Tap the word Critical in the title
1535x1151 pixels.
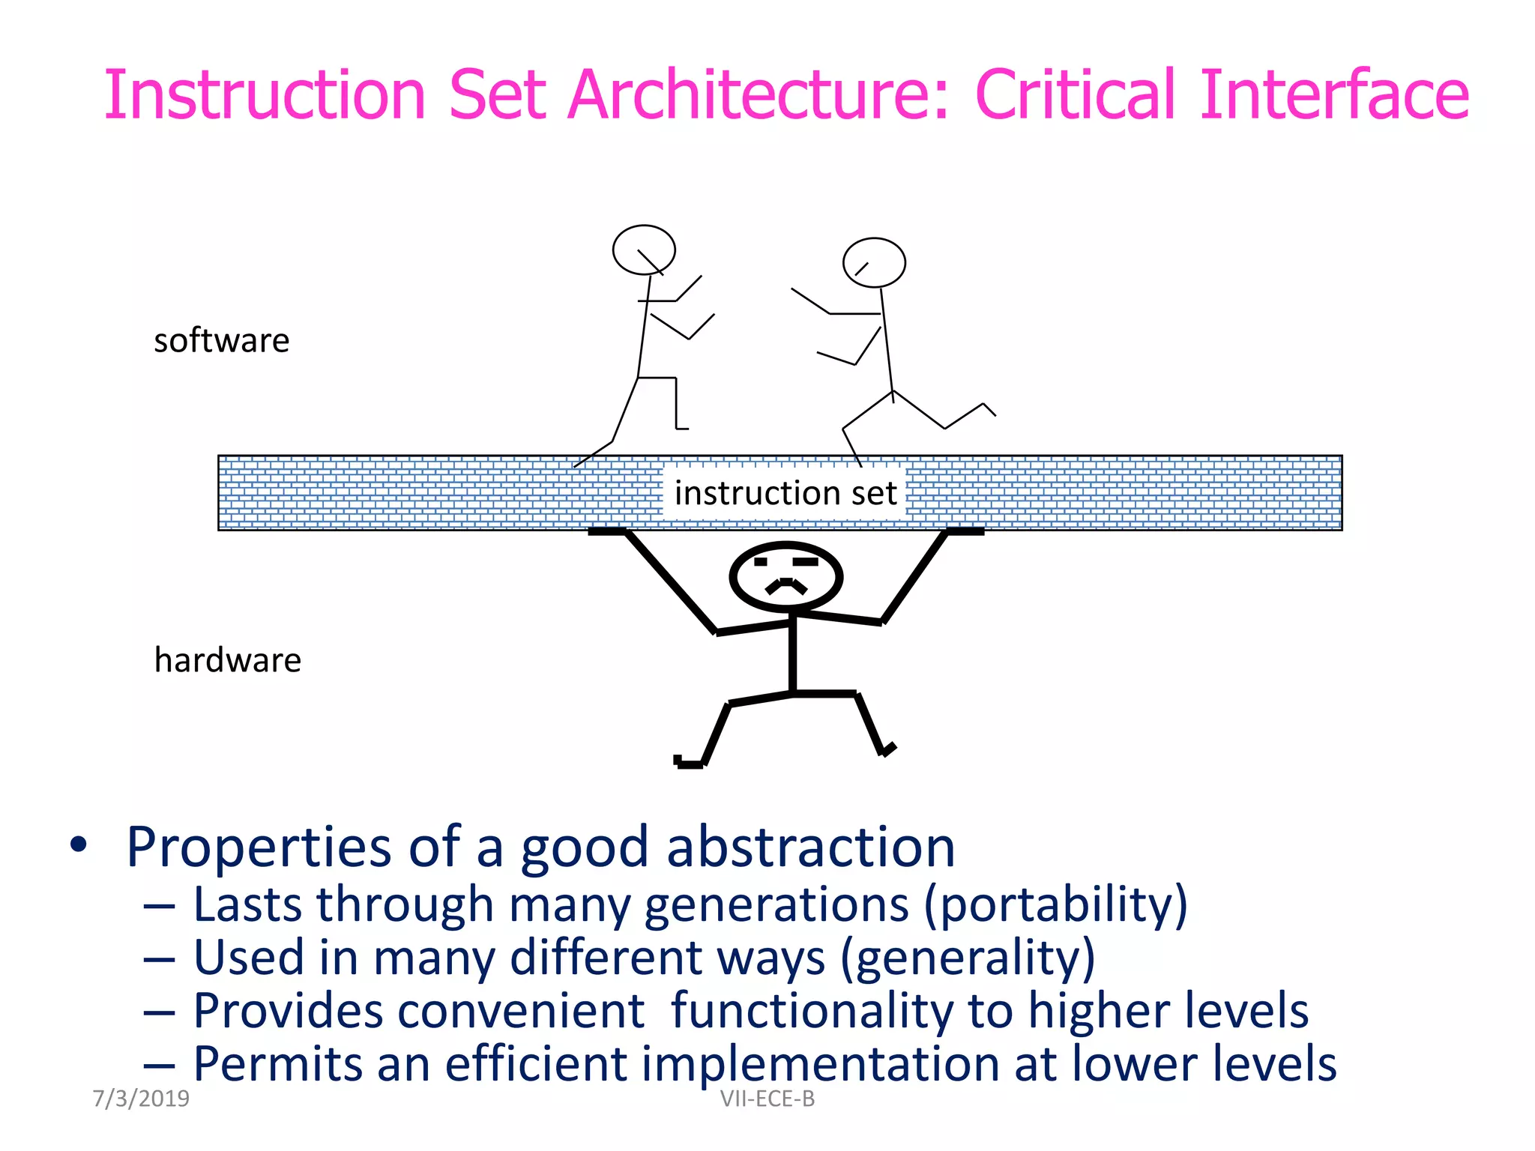1076,95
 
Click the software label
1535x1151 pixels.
221,341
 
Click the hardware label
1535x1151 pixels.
227,660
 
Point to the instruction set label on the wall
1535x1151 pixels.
785,493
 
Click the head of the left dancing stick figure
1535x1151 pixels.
644,250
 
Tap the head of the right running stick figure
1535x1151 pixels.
874,262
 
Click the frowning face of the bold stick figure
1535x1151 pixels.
785,576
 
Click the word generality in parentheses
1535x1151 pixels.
968,958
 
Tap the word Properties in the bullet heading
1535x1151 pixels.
259,848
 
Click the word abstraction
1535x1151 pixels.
811,848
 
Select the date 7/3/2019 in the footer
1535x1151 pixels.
141,1099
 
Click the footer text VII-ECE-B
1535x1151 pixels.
767,1099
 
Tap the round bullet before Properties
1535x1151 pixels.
78,845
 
